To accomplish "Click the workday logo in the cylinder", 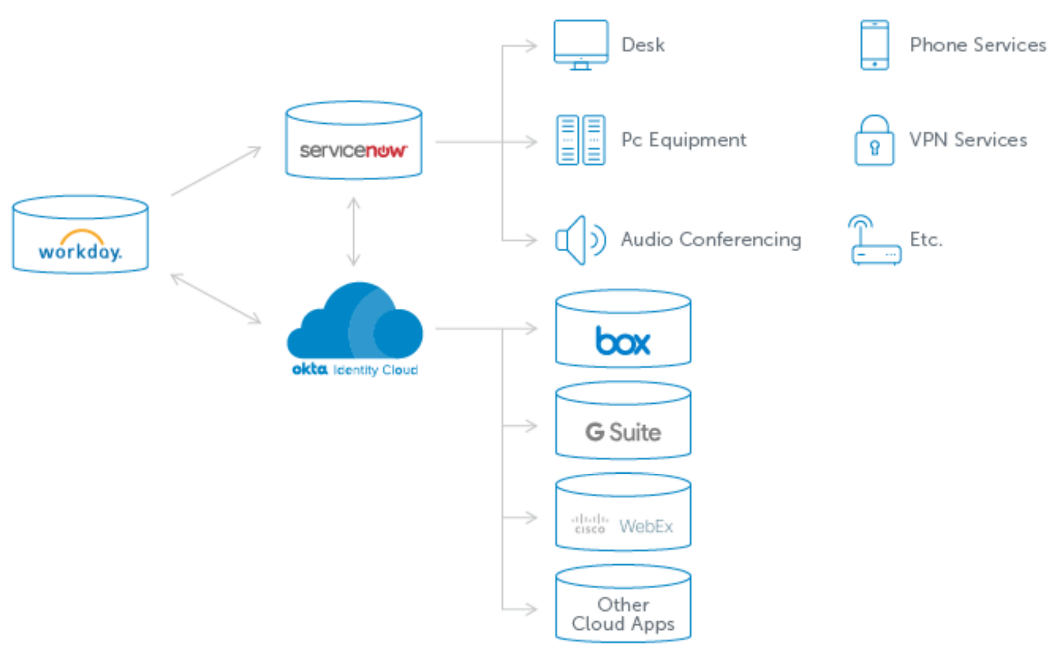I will pos(80,246).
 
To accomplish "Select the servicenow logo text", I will pos(353,151).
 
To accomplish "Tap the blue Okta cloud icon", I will pos(355,321).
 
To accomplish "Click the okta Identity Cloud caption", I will pos(355,369).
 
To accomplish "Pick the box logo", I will pos(623,341).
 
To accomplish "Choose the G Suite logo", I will pos(623,432).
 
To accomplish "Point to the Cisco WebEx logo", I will pos(623,526).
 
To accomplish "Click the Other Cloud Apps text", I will pos(623,614).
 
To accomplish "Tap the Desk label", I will pos(643,45).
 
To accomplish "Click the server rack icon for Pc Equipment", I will pos(581,140).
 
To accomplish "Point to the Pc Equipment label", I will pos(683,140).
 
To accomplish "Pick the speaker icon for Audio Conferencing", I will pos(580,240).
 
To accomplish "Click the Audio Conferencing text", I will pos(711,239).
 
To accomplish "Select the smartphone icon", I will pos(875,45).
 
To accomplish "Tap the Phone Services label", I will pos(978,45).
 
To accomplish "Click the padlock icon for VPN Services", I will pos(874,141).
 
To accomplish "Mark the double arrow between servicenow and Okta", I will pos(354,231).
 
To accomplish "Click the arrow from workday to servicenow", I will pos(216,171).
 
